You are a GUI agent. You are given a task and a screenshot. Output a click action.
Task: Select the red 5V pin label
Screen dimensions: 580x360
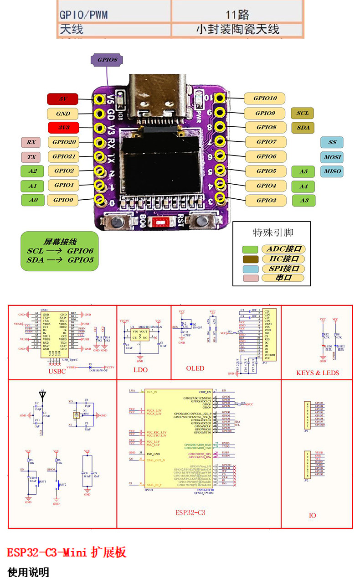click(x=62, y=99)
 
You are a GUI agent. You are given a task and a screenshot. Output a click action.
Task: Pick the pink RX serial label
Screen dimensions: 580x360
click(x=31, y=142)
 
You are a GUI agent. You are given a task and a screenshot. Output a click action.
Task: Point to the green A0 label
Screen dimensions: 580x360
click(x=33, y=200)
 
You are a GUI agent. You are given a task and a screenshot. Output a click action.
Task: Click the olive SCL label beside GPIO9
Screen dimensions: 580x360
click(x=302, y=113)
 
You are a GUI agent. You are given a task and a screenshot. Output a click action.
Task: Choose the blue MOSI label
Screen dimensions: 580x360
click(x=332, y=157)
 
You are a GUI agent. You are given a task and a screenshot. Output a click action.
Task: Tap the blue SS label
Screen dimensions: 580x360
click(x=332, y=142)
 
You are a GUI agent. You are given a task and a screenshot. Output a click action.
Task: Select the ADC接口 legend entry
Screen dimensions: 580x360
click(x=283, y=249)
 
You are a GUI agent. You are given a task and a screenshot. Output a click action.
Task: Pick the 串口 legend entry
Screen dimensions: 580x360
click(x=283, y=278)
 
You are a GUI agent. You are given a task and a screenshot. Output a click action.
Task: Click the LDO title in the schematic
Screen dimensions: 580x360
click(x=141, y=369)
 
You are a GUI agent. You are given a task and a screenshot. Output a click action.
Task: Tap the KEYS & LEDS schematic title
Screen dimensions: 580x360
click(x=317, y=373)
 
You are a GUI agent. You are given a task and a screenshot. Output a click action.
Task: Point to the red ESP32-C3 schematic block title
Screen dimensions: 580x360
click(x=190, y=512)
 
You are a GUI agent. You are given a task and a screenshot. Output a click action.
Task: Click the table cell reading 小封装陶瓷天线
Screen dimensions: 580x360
click(x=237, y=29)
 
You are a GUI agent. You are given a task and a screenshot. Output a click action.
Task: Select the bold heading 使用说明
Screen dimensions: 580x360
click(x=28, y=572)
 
